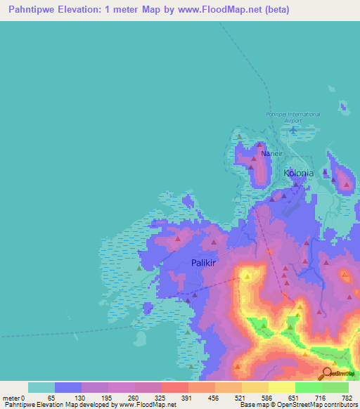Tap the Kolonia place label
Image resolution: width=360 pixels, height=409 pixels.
300,172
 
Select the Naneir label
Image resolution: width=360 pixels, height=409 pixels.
271,153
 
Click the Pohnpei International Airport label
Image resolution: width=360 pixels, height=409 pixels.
293,117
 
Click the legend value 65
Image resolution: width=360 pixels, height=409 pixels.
51,398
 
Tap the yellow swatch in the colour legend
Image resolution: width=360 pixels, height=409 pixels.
281,387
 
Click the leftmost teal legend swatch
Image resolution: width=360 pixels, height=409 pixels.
41,387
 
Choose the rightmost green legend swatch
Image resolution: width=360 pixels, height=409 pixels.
335,387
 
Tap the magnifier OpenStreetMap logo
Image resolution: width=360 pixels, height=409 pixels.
326,373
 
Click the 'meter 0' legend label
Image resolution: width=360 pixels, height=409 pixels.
13,398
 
